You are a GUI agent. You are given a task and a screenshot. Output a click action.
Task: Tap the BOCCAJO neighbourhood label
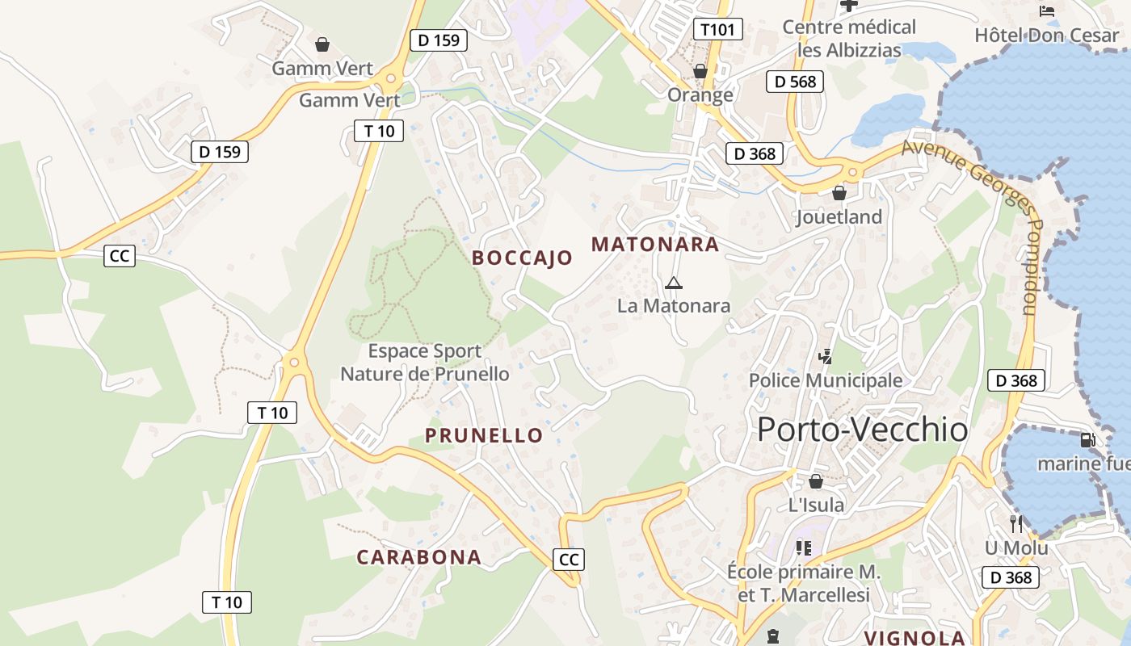522,258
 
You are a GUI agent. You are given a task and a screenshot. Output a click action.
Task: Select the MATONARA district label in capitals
655,244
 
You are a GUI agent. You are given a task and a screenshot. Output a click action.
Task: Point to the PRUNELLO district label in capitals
484,435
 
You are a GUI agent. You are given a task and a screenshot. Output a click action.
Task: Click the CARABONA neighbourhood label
418,556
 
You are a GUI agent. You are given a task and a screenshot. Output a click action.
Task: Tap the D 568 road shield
795,82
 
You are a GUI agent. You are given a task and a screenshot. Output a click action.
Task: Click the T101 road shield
717,30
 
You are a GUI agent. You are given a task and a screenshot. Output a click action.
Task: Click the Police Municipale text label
825,380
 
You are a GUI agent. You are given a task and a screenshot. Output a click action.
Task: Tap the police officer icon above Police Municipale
825,356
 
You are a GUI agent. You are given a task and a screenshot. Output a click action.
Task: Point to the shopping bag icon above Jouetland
839,193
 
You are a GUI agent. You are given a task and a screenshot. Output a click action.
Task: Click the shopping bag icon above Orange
700,71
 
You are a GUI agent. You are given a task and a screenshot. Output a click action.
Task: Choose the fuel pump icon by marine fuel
1087,440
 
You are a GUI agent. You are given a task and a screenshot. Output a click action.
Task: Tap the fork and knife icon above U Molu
1016,524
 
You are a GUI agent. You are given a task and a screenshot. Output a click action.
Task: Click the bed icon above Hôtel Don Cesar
1047,11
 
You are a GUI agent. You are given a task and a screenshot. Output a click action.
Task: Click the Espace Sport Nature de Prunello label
425,363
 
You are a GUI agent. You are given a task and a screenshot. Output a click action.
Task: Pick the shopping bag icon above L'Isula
816,481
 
